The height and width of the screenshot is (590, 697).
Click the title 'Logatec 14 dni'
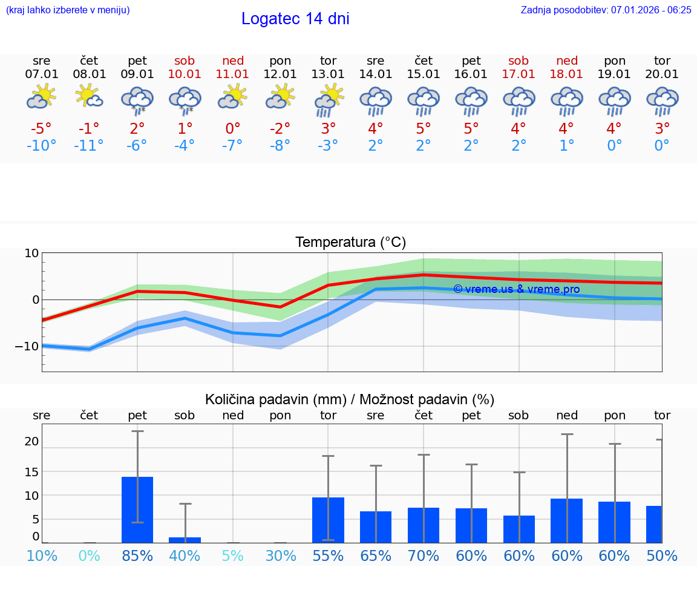(x=295, y=19)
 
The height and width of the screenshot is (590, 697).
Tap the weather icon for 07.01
(x=41, y=97)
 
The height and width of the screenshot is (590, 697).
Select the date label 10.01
(x=185, y=74)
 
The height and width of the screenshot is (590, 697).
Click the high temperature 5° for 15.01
(x=423, y=128)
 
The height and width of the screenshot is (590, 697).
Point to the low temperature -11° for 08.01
(x=89, y=146)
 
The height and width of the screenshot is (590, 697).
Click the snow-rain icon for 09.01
(x=137, y=99)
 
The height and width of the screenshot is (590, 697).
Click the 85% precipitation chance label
(x=137, y=556)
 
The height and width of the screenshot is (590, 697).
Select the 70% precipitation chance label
(x=423, y=556)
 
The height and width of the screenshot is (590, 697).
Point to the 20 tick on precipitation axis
(x=31, y=441)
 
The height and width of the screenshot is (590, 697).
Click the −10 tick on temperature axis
(x=28, y=346)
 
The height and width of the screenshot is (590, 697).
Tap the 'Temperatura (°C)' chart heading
(x=350, y=243)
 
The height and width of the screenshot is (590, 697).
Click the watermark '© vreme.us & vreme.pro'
(x=516, y=289)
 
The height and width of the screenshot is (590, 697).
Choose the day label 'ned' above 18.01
(x=566, y=61)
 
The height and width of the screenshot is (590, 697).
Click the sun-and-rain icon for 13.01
(x=328, y=99)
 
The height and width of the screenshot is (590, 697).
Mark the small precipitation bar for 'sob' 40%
(x=185, y=540)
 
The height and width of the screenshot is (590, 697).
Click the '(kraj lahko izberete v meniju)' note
(x=68, y=10)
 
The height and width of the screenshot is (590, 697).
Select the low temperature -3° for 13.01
(x=327, y=146)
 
